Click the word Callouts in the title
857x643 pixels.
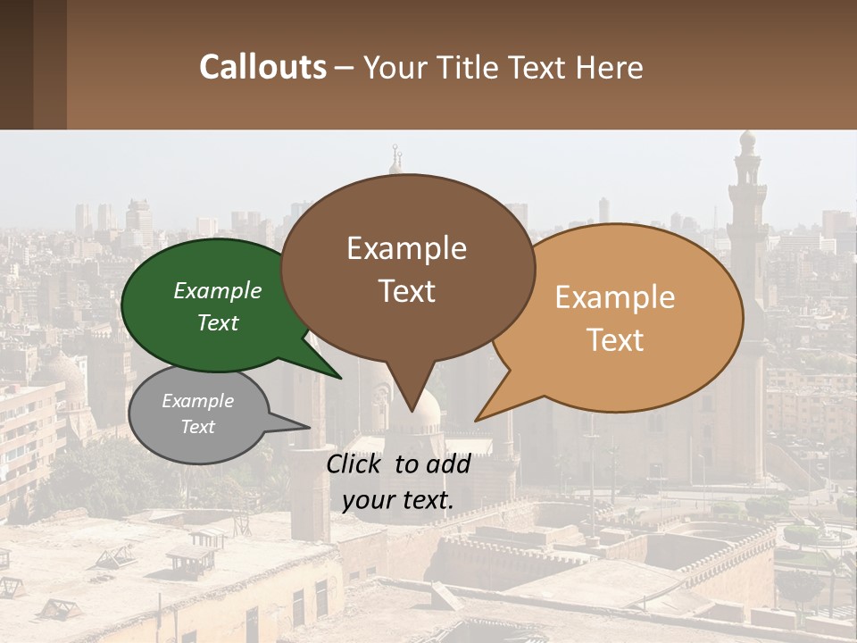tap(262, 67)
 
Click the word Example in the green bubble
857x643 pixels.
tap(218, 291)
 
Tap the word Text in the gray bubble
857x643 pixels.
tap(198, 427)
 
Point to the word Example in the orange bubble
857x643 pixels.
tap(615, 297)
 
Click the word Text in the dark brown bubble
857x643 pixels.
tap(407, 291)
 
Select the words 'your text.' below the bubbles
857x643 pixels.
tap(398, 500)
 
